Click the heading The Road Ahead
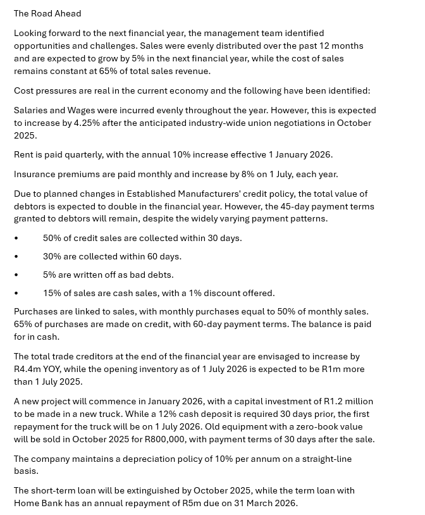[47, 13]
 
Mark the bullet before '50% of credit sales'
[16, 239]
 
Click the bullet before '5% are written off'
[16, 275]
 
